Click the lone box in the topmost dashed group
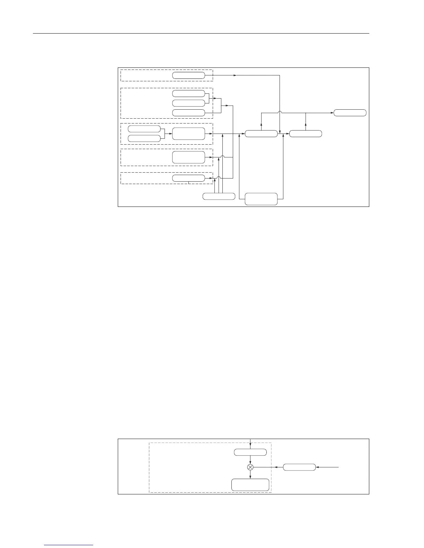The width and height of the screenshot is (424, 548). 188,75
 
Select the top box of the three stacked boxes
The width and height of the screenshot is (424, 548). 188,93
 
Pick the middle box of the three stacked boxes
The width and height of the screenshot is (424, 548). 188,103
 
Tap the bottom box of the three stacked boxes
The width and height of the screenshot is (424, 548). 188,113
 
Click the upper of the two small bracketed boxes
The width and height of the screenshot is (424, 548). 144,129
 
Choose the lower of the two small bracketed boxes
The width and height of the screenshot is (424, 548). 144,138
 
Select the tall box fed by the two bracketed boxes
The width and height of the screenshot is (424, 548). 188,134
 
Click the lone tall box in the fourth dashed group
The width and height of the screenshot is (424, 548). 188,157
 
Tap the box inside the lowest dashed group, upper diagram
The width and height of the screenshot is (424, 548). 188,178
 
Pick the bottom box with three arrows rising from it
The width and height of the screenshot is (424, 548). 219,197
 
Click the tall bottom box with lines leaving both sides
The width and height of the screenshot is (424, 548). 261,199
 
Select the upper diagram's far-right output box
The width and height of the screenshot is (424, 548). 350,113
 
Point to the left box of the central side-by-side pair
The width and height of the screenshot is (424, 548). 261,134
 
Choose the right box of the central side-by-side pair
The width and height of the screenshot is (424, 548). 306,134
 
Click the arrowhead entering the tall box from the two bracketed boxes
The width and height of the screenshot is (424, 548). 170,134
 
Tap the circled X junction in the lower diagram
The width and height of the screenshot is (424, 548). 250,467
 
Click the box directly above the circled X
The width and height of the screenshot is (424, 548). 250,452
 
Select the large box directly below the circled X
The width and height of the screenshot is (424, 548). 250,485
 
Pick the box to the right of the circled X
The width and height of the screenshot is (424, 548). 299,467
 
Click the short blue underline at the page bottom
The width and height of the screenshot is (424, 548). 69,545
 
